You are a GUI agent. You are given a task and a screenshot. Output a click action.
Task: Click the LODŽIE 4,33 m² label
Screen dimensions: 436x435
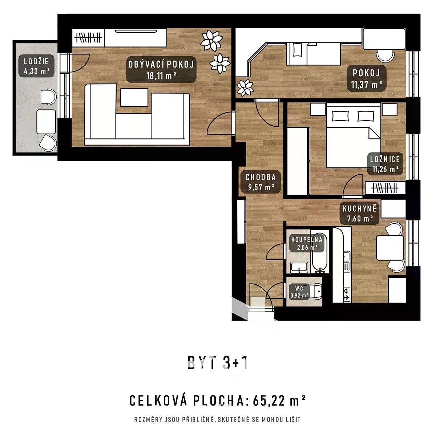[36, 66]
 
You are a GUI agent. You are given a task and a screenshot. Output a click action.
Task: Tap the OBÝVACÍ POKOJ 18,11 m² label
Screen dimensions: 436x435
[161, 69]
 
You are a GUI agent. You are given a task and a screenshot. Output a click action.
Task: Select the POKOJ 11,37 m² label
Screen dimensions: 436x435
[367, 78]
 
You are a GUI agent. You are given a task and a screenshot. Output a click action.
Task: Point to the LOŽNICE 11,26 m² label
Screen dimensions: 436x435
[385, 164]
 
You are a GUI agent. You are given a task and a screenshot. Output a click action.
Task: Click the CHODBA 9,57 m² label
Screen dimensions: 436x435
[261, 182]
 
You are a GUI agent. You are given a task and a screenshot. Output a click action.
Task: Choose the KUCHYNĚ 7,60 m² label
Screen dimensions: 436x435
[360, 213]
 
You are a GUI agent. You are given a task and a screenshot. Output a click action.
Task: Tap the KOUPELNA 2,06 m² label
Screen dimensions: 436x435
[307, 243]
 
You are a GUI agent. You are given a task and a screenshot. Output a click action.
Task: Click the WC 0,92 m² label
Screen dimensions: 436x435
[299, 292]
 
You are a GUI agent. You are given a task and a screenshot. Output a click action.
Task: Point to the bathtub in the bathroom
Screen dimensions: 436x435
[319, 252]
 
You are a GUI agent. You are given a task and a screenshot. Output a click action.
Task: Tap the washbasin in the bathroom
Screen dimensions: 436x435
[299, 268]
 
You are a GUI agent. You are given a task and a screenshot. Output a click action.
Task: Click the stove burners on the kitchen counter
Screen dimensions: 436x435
[346, 293]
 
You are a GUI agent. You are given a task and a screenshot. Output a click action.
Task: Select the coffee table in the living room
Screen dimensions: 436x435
[134, 98]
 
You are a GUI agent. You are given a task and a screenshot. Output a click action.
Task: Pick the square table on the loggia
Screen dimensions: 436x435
[46, 122]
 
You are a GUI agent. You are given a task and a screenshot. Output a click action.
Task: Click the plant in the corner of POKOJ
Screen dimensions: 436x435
[245, 88]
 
